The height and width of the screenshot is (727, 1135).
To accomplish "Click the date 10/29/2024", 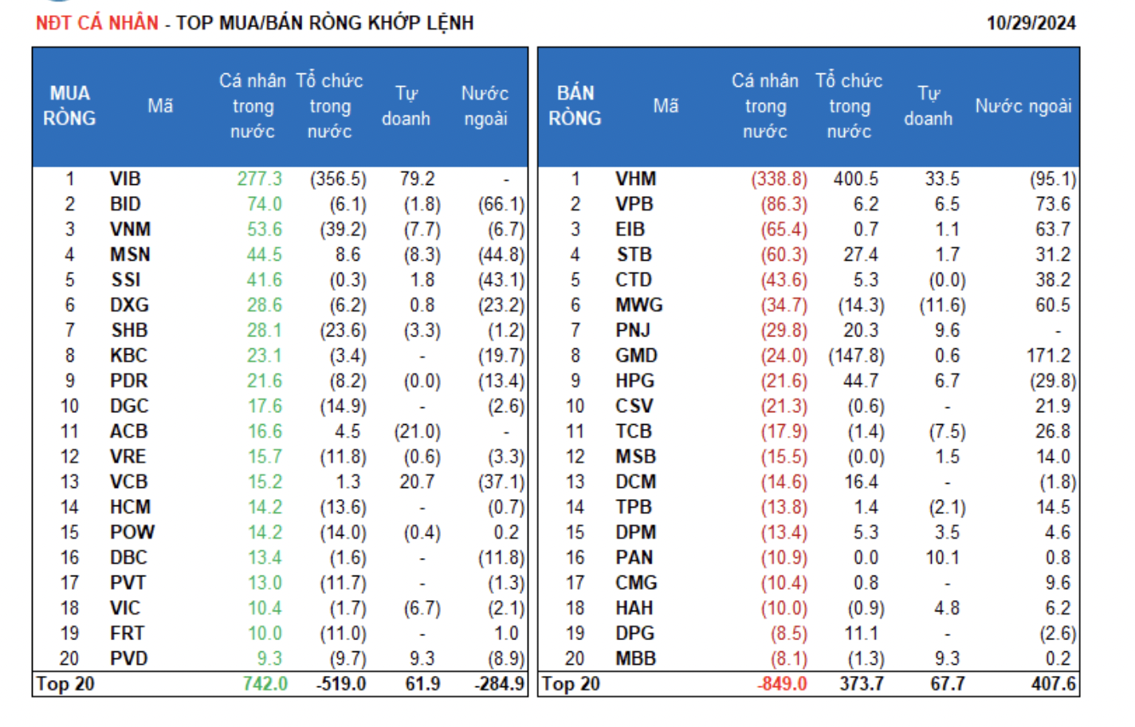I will click(x=1031, y=22).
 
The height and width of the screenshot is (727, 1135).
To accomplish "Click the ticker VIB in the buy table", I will click(x=125, y=179).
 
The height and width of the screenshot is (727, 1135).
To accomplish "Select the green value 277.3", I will click(x=260, y=179).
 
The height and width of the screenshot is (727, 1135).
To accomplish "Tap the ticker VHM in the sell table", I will click(x=635, y=179).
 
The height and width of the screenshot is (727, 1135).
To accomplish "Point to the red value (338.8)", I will click(x=779, y=179).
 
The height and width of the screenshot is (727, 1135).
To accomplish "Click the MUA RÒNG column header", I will click(x=69, y=106).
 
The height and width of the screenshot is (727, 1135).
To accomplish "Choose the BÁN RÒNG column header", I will click(x=575, y=106).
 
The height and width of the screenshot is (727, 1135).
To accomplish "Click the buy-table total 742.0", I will click(x=265, y=684).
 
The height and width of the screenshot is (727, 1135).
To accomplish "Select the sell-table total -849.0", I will click(x=782, y=684).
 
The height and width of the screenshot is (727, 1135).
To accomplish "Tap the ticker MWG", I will click(x=638, y=305).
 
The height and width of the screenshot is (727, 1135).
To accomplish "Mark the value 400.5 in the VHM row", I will click(x=856, y=179).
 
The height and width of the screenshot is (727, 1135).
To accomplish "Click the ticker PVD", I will click(x=128, y=658).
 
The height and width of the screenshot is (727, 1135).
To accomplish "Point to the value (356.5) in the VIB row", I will click(x=338, y=179).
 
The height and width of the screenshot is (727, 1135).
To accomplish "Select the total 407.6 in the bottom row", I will click(x=1053, y=684).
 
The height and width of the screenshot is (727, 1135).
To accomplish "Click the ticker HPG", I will click(x=634, y=381).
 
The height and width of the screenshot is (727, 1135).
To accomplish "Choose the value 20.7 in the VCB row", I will click(x=417, y=481).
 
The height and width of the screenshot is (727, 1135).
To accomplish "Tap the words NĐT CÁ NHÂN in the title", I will click(x=97, y=22).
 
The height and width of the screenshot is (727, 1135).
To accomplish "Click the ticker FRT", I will click(x=128, y=633).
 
